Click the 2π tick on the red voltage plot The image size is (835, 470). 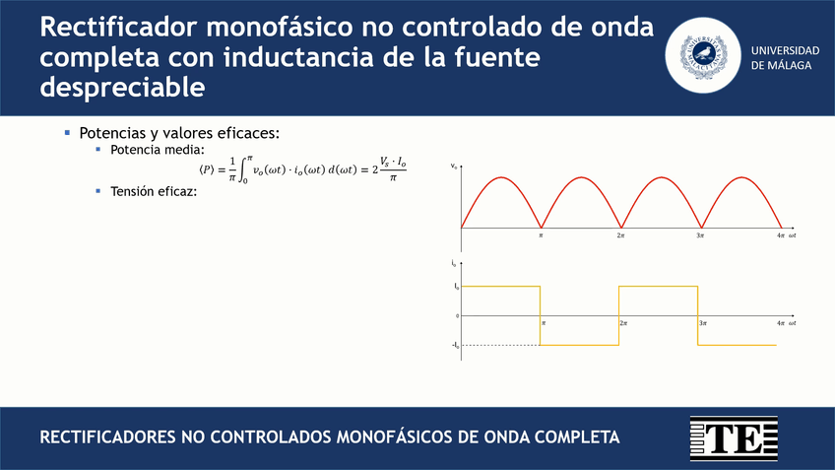click(x=621, y=236)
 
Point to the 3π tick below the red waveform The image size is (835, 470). click(x=700, y=236)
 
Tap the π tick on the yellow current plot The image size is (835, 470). click(x=544, y=323)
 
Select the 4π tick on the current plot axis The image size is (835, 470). click(x=780, y=323)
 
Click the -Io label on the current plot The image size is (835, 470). click(x=455, y=345)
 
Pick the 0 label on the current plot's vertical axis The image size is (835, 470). click(x=457, y=316)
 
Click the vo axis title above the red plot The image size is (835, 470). click(x=454, y=166)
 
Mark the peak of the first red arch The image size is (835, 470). click(x=501, y=178)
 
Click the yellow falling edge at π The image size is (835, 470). click(x=541, y=315)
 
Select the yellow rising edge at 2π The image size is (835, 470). click(x=619, y=315)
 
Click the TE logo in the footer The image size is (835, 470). click(x=735, y=438)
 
